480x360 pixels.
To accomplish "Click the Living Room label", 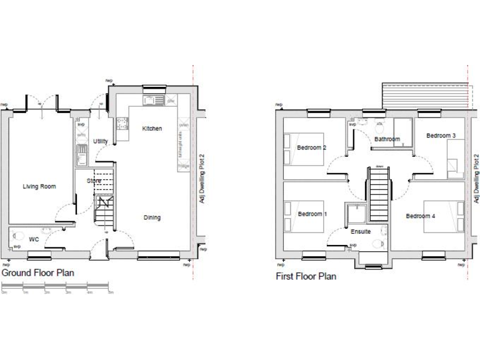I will click(39, 186).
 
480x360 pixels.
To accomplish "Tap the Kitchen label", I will click(152, 129).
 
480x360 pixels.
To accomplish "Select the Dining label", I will click(152, 217).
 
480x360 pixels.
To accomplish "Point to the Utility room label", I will click(100, 142).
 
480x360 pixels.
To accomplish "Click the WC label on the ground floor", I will click(34, 239).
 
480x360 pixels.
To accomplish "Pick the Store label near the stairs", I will click(94, 181).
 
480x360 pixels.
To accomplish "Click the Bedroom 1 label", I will click(310, 214).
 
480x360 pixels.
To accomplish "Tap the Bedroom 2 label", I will click(312, 147).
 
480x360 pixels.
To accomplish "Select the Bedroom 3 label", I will click(441, 136).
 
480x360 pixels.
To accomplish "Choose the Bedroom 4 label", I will click(421, 216).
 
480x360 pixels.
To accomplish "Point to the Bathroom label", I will click(387, 139).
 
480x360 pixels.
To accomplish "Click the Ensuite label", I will click(360, 231).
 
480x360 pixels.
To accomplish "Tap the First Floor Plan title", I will click(306, 276).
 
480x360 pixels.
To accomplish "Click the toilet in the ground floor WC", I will click(17, 237).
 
